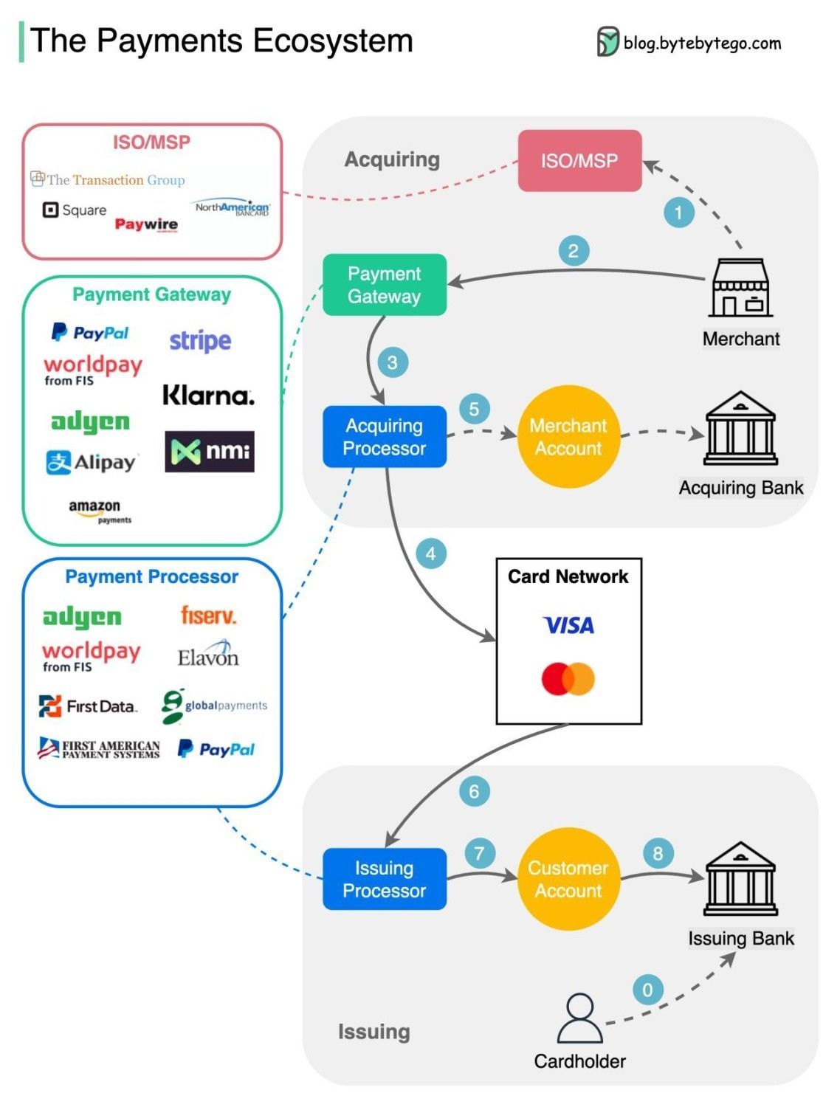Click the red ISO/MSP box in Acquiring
[579, 161]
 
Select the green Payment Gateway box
[385, 285]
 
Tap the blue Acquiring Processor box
[385, 436]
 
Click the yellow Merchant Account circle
[568, 436]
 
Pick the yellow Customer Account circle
[568, 879]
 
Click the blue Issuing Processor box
[385, 879]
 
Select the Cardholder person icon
[579, 1018]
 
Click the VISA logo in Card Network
[568, 626]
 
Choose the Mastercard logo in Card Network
[568, 679]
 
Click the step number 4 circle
[431, 553]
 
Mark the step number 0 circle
[647, 990]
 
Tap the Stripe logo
[200, 341]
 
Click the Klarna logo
[208, 396]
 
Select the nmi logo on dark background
[210, 451]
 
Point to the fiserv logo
[208, 615]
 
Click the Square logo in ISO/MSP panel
[75, 210]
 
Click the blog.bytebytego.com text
[701, 44]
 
